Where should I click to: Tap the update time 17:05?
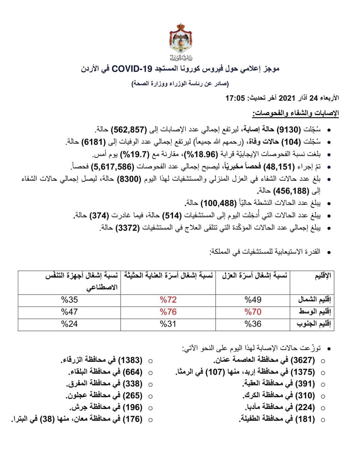coord(236,98)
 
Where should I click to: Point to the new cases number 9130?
coord(288,129)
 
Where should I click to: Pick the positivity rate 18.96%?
coord(204,154)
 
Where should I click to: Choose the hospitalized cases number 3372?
coord(127,228)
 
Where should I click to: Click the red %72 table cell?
coord(168,300)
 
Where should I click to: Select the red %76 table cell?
coord(168,312)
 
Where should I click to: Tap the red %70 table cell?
coord(253,312)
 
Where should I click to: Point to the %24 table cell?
coord(69,324)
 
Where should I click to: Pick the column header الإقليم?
coord(322,276)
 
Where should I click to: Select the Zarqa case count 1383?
coord(130,360)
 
